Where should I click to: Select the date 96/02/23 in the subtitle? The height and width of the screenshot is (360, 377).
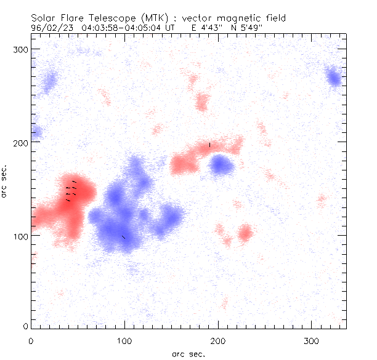(x=51, y=27)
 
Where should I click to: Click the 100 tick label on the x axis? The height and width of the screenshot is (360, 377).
(x=124, y=340)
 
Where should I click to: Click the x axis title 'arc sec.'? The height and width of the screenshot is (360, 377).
(x=188, y=353)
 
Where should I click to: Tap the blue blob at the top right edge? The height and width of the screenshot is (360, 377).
(x=334, y=79)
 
